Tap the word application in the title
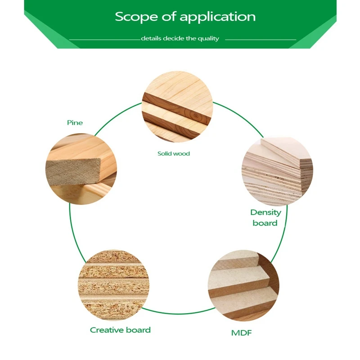pos(218,18)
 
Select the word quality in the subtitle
pos(208,39)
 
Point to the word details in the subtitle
pos(151,39)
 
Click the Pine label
pos(75,122)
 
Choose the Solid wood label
pos(174,154)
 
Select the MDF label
pos(241,333)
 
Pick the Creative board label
pos(120,330)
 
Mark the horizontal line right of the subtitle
pos(260,40)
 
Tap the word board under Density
pos(265,223)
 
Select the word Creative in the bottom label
pos(107,330)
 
